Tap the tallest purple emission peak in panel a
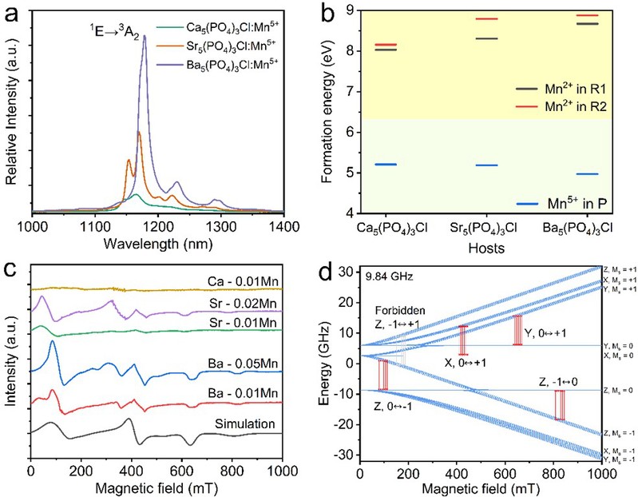(145, 38)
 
